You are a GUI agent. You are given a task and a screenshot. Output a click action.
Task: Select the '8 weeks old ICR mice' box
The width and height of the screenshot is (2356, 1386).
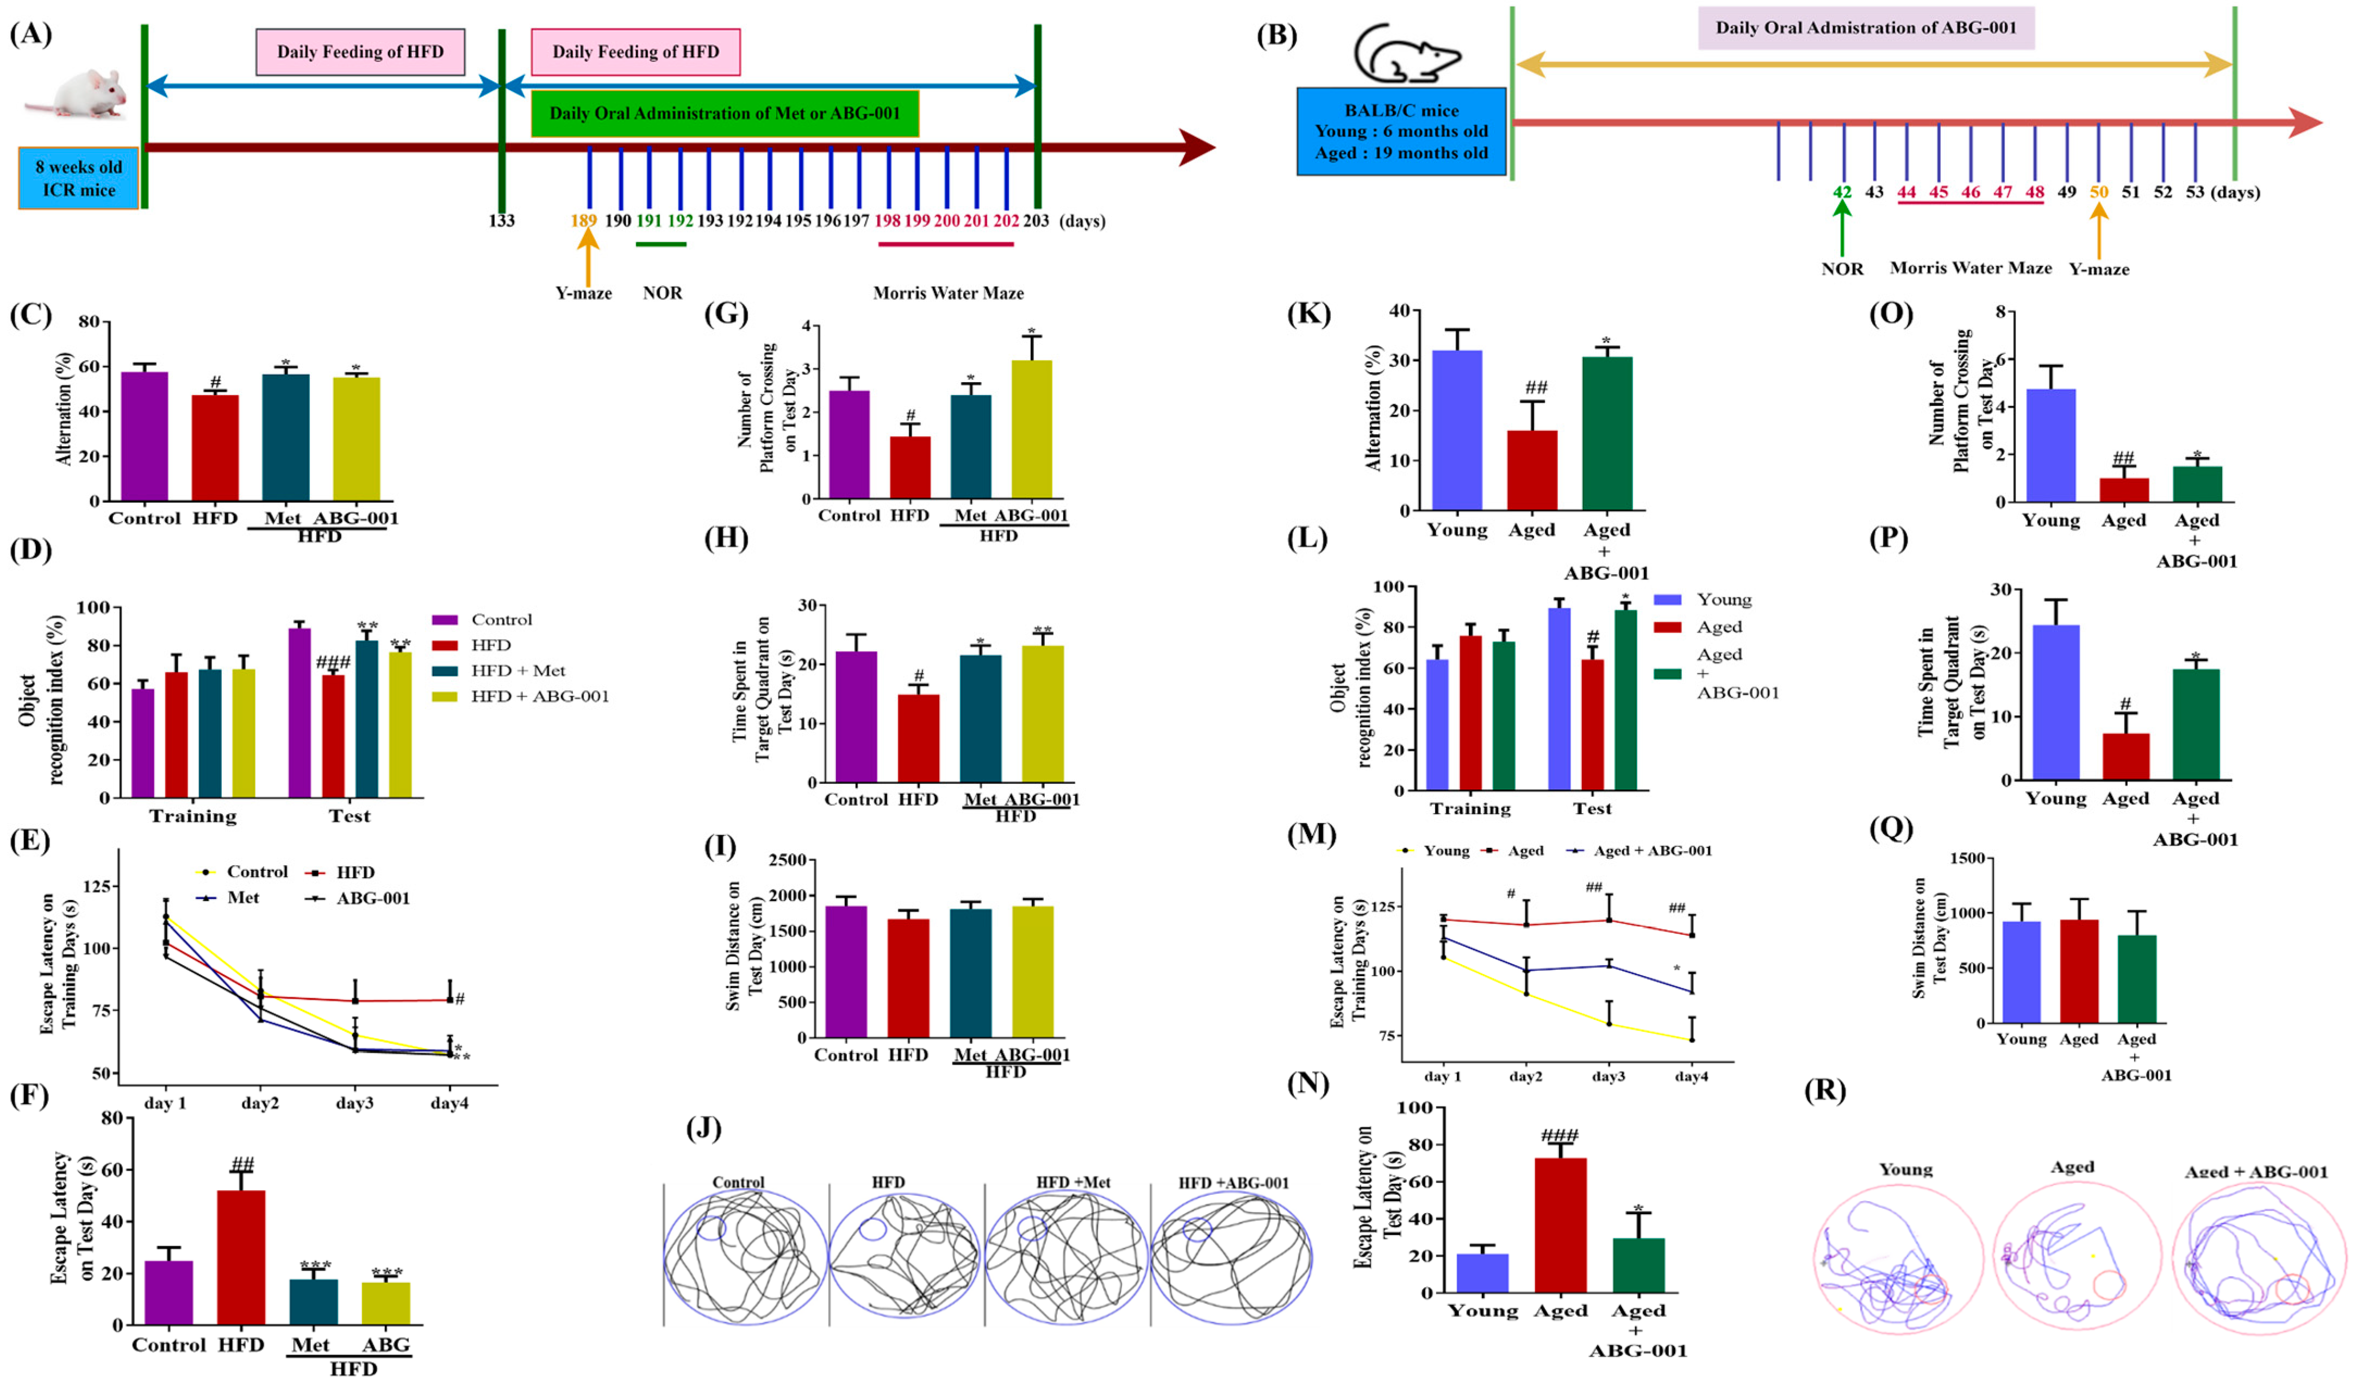78,178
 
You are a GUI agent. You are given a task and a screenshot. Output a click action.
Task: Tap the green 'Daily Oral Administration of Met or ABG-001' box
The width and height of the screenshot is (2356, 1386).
725,113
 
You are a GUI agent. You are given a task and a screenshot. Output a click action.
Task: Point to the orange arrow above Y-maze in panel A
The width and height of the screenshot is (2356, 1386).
587,255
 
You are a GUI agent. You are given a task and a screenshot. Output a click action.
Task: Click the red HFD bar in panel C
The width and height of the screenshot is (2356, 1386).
215,448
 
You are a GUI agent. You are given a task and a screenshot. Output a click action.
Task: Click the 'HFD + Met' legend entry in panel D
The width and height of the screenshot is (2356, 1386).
517,670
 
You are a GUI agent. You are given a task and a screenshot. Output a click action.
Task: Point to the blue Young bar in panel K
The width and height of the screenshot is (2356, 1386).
1457,430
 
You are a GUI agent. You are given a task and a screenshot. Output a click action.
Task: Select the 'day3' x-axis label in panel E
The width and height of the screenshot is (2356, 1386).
354,1103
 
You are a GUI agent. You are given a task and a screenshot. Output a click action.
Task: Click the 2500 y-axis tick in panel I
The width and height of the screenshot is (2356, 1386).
786,859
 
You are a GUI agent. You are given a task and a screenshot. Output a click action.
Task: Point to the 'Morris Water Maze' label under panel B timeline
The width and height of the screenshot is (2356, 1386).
1970,268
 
